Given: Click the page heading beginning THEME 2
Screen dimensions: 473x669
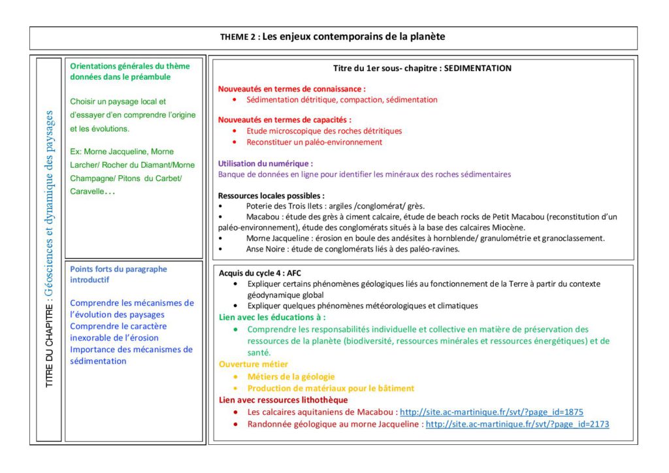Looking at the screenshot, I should [x=333, y=37].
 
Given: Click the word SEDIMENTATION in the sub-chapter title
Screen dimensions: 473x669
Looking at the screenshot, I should [x=478, y=68].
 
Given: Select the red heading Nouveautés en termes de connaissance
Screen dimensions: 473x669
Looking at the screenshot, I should [x=291, y=88].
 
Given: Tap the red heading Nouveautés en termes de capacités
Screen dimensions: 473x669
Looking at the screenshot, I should [x=284, y=120].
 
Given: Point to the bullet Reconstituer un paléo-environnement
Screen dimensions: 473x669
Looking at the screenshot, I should [x=314, y=142].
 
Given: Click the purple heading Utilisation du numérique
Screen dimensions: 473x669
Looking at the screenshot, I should [x=265, y=163].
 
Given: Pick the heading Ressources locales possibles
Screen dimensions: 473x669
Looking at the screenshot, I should [x=271, y=195].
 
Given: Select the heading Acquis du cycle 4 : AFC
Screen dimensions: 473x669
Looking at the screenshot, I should [x=260, y=273].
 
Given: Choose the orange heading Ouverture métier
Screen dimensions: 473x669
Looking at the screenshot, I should [x=253, y=364].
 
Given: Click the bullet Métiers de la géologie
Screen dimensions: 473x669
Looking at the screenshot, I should [x=291, y=376].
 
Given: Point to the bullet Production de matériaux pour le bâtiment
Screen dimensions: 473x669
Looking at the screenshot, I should [x=331, y=388].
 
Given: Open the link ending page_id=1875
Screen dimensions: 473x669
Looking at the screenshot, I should [x=491, y=412].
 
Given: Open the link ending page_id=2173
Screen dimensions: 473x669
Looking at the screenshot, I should [x=517, y=424].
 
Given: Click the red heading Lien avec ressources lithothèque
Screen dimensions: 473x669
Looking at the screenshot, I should [x=283, y=400].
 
